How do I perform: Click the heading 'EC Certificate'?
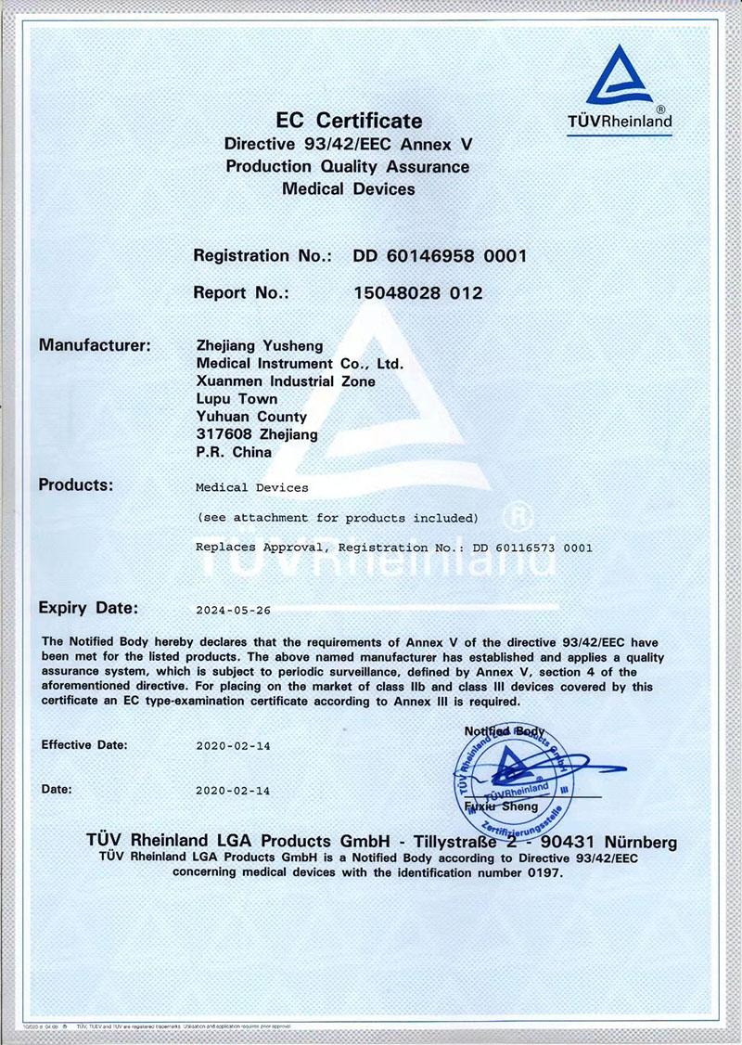[x=349, y=121]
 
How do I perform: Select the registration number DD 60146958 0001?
[x=440, y=255]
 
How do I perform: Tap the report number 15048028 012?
[x=418, y=292]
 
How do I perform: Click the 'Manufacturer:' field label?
[x=95, y=345]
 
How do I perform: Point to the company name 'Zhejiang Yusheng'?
[x=260, y=346]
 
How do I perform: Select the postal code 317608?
[x=221, y=434]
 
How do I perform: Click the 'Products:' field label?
[x=76, y=484]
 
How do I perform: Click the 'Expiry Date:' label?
[x=88, y=609]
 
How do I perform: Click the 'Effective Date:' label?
[x=85, y=744]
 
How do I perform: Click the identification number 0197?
[x=543, y=873]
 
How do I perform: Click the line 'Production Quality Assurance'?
[x=348, y=167]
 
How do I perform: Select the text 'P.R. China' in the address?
[x=234, y=452]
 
